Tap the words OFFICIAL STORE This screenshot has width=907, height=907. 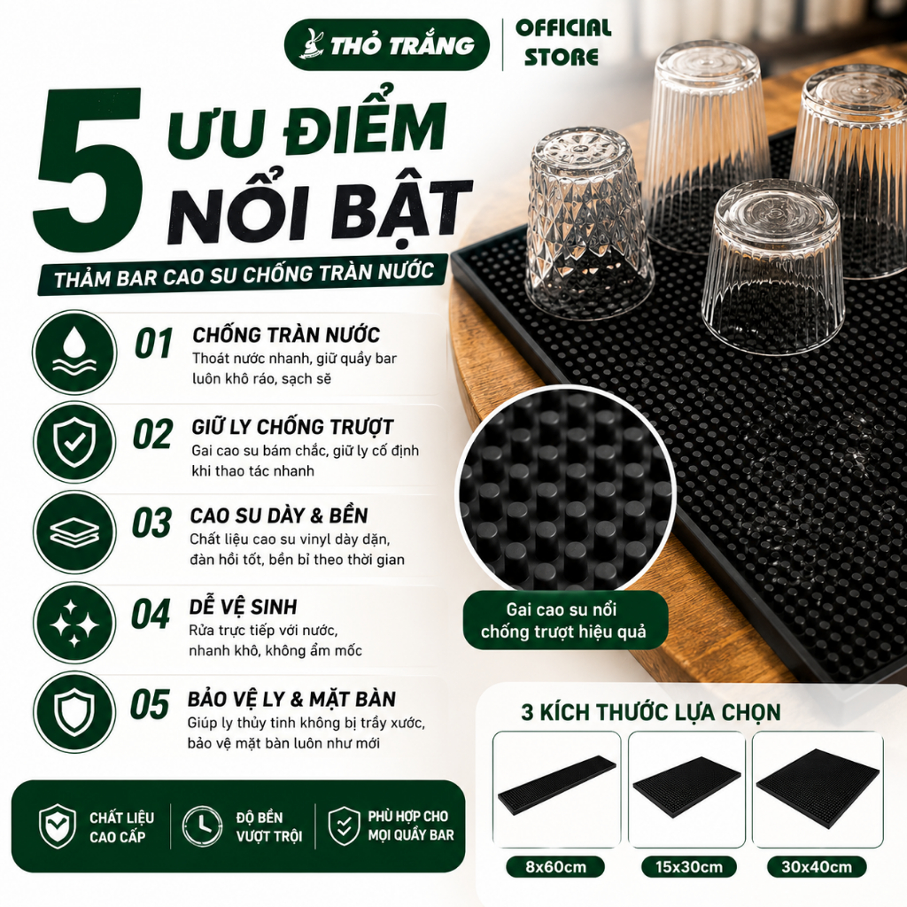click(x=563, y=43)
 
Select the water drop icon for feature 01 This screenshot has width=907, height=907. click(x=74, y=353)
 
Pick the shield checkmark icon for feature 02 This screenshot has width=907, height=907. click(x=74, y=443)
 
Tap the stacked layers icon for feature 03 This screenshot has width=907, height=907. click(x=74, y=532)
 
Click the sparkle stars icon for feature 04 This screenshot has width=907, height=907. click(x=74, y=623)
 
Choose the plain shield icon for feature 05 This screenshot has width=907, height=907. click(x=74, y=713)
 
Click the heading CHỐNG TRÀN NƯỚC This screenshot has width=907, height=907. click(x=286, y=335)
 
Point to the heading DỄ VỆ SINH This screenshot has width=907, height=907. click(x=243, y=606)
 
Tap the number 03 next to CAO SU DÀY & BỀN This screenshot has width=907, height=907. click(x=151, y=523)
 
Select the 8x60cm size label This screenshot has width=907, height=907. click(x=556, y=867)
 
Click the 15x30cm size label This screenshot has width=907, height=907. click(x=689, y=867)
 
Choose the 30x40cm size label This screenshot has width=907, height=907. click(x=816, y=867)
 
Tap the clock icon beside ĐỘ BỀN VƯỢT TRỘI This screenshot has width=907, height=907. click(x=203, y=826)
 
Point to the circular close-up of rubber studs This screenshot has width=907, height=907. click(x=566, y=492)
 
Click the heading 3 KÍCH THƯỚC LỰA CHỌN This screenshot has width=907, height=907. click(x=651, y=712)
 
